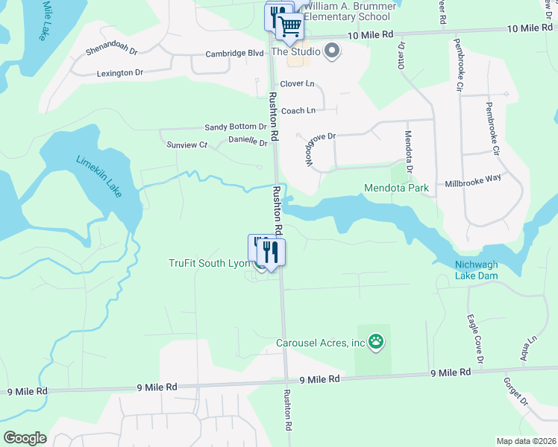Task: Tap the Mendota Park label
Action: tap(396, 188)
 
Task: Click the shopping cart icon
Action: tap(289, 27)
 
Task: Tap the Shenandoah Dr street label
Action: tap(113, 51)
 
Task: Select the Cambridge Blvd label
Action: tap(235, 54)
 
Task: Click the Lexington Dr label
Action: tap(120, 72)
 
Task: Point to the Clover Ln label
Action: tap(298, 84)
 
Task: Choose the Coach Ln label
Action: tap(298, 110)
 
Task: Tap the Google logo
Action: tap(25, 438)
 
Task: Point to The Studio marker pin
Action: tap(333, 52)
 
